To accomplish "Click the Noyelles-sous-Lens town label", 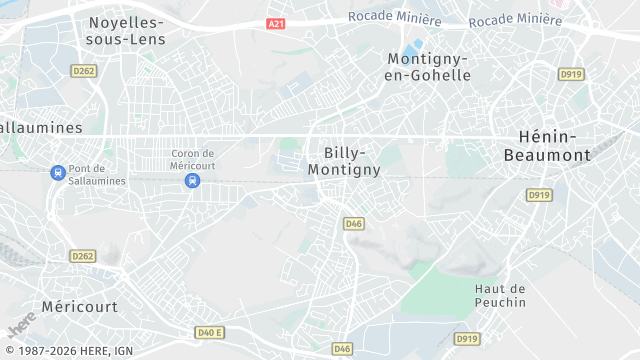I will click(127, 30).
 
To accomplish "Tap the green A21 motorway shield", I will click(277, 23).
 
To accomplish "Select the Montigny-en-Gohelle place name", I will click(428, 68).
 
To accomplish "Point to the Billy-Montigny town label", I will click(344, 161).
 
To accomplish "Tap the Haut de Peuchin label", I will click(500, 295).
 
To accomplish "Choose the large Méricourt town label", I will click(79, 306).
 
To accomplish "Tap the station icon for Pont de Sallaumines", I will click(58, 172).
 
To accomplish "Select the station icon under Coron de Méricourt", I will click(192, 180).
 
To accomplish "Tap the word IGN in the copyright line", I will click(123, 350).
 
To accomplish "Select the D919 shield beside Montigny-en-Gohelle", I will click(571, 73).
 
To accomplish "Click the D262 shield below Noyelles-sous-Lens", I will click(82, 70).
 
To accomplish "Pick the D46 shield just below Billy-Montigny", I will click(353, 223).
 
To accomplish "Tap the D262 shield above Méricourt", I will click(82, 256).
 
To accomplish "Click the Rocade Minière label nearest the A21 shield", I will click(394, 17).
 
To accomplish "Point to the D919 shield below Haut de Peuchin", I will click(466, 339).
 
